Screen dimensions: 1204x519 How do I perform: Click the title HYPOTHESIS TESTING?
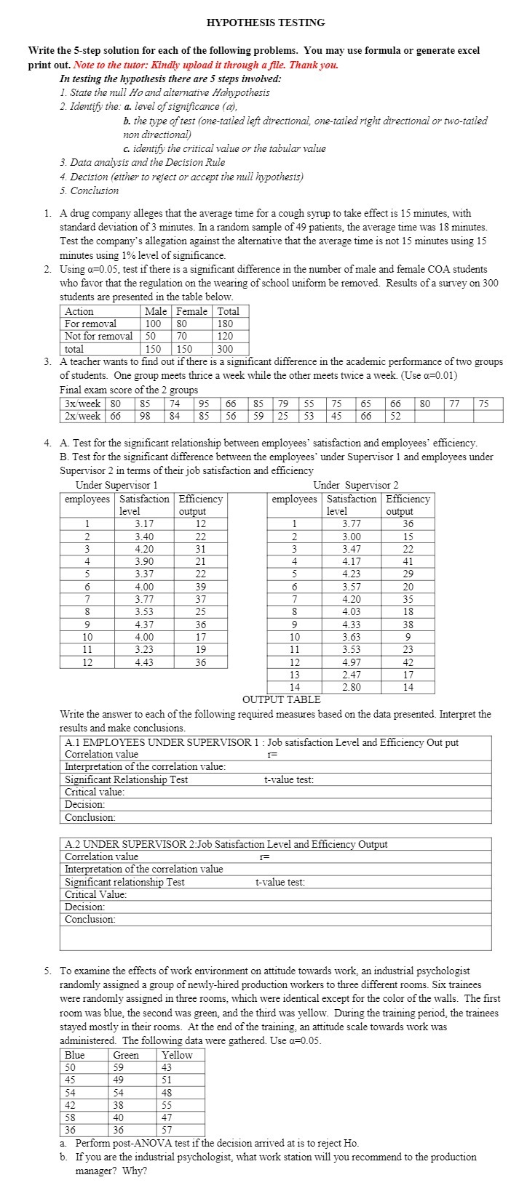point(266,23)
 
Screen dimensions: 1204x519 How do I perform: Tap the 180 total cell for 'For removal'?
point(225,324)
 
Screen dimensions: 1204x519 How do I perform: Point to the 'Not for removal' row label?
point(98,336)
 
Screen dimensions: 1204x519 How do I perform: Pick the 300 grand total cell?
point(225,349)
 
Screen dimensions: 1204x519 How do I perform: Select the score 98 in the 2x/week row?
point(146,416)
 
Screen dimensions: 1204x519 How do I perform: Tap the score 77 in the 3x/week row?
point(455,404)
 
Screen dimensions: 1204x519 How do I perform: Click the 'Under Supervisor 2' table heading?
point(355,485)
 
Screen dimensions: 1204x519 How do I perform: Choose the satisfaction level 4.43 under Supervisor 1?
point(144,662)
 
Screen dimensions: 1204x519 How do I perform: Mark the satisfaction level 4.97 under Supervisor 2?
point(352,662)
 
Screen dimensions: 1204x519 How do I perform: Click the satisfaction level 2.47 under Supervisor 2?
point(352,675)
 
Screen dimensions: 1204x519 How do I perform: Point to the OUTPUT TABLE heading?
point(281,699)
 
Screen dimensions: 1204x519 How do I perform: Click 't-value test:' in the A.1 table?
point(288,779)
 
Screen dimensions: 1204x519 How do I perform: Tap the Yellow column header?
point(177,1055)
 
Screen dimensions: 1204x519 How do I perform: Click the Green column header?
point(126,1055)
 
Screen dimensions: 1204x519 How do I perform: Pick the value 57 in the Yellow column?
point(167,1130)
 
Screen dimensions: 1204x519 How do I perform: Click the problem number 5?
point(47,971)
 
